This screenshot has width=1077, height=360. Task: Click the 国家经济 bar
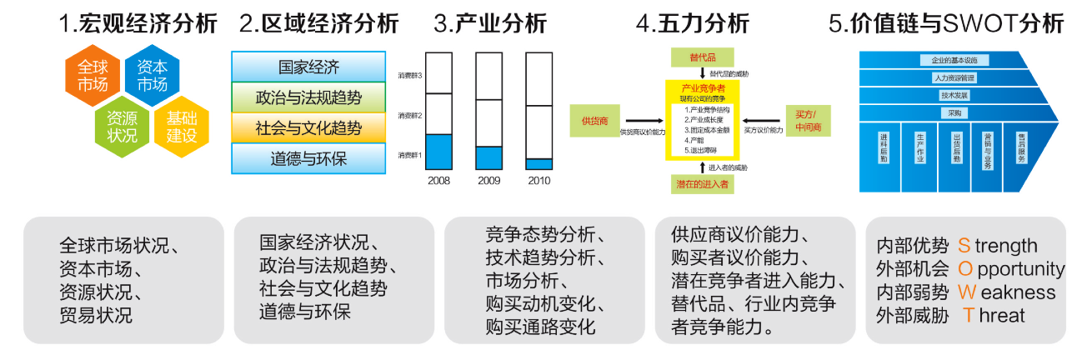tap(308, 67)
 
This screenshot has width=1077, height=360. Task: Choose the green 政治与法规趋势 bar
tap(308, 97)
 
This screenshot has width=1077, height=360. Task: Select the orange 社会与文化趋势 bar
tap(308, 127)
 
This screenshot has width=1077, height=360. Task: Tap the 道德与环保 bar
tap(308, 157)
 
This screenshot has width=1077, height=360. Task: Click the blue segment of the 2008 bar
tap(438, 152)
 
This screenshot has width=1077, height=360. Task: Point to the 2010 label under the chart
tap(538, 180)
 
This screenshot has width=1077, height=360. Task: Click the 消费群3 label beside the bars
tap(410, 76)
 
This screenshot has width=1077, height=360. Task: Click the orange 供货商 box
tap(595, 120)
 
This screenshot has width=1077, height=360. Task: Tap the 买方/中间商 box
tap(806, 120)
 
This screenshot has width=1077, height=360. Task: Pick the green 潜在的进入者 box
tap(703, 184)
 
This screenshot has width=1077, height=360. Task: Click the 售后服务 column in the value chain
tap(1021, 150)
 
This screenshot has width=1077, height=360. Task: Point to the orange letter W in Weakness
tap(967, 292)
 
